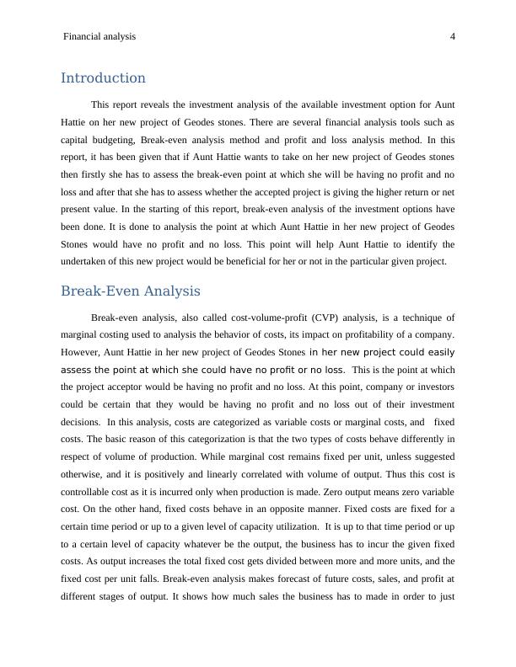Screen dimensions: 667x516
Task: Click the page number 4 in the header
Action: click(453, 37)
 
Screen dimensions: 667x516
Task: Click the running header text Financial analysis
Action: click(99, 37)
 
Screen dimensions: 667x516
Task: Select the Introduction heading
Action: click(103, 78)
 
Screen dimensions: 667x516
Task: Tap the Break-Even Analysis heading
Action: click(131, 291)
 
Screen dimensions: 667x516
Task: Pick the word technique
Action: click(416, 318)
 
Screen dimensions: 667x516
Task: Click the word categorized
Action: click(223, 422)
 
